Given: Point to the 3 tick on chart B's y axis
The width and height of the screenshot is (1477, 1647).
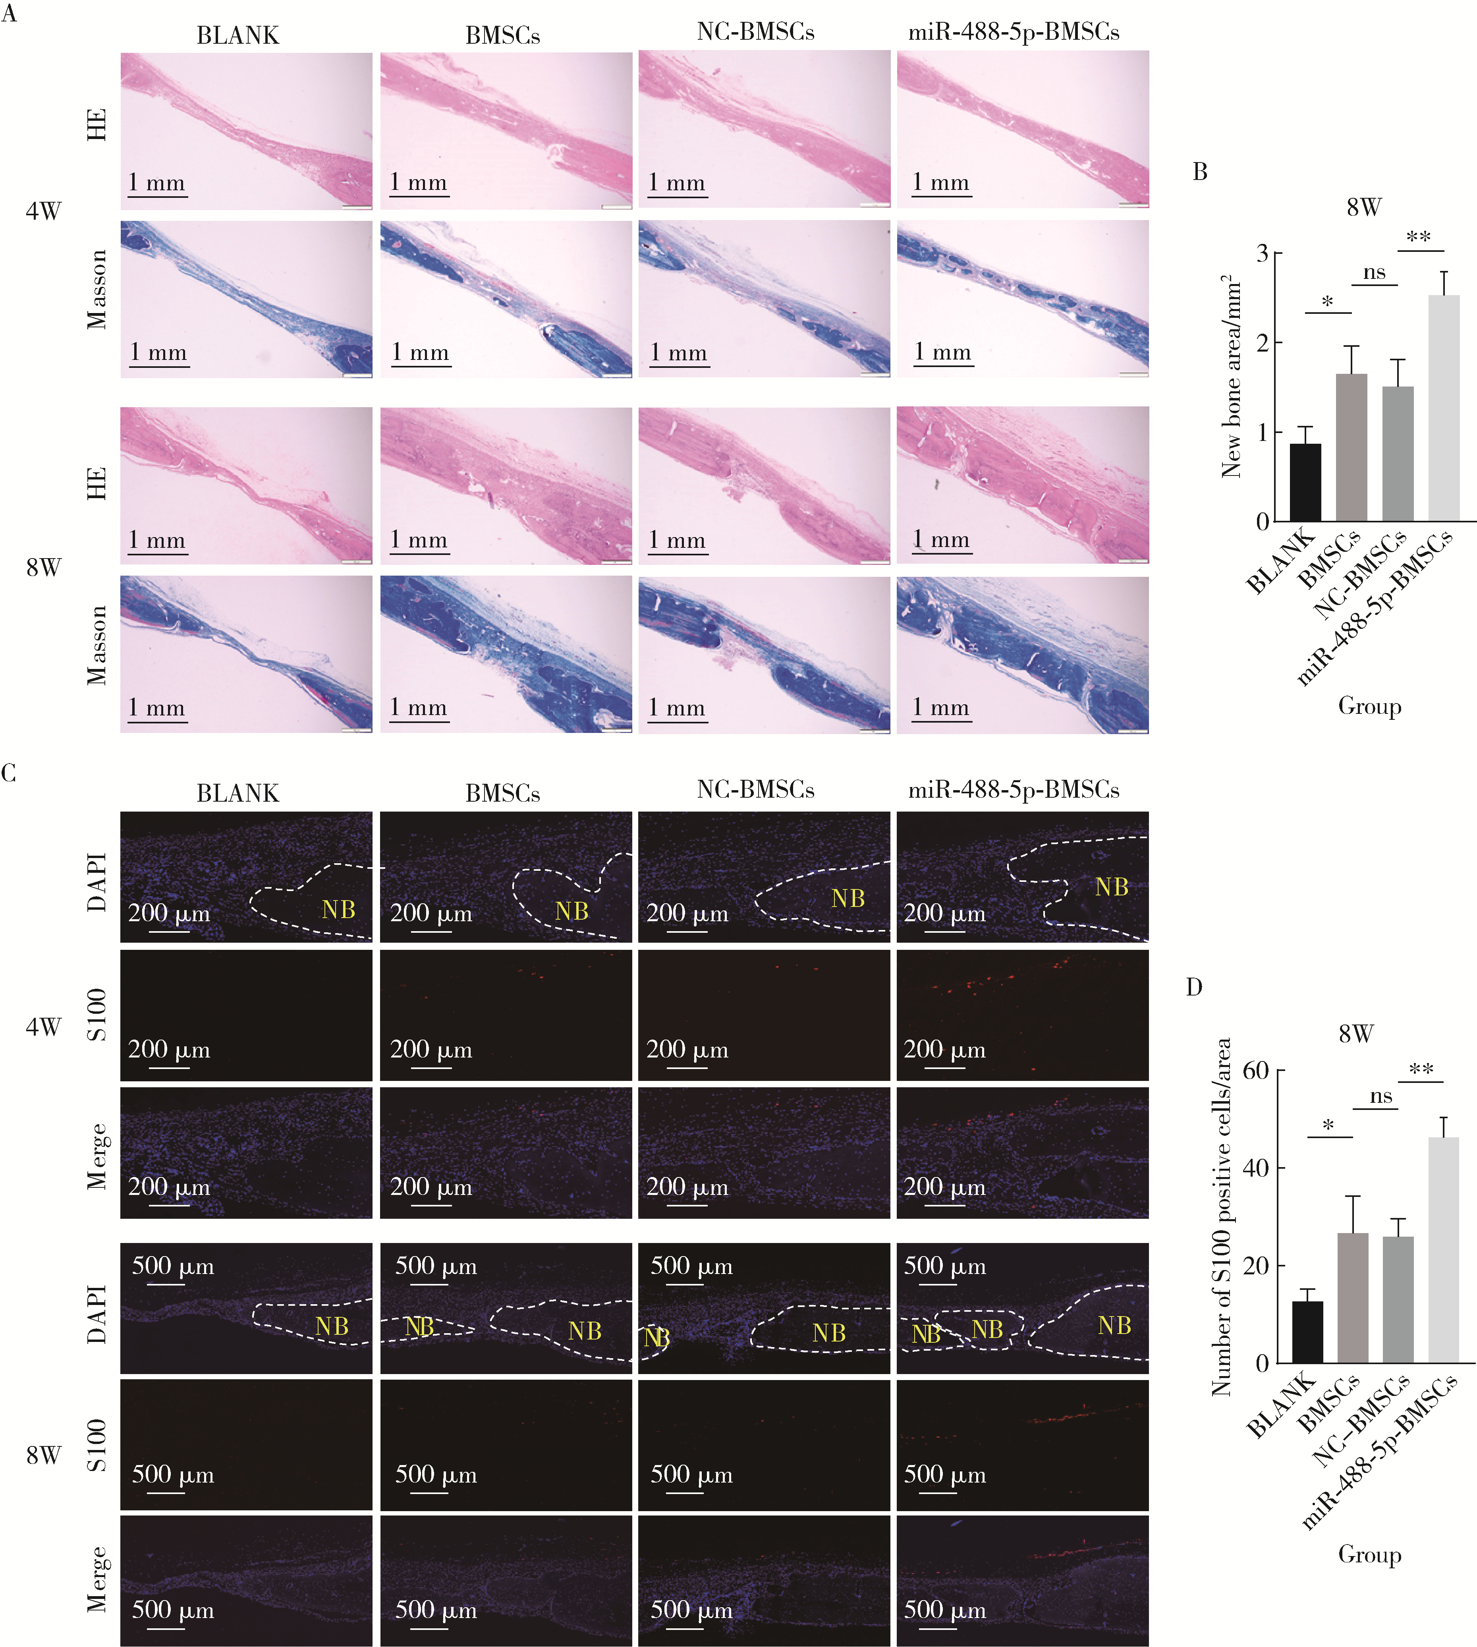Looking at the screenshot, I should click(x=1262, y=253).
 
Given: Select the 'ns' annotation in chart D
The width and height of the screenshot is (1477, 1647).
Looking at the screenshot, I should click(x=1380, y=1097).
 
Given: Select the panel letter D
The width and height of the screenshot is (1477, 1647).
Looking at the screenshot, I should click(x=1194, y=987).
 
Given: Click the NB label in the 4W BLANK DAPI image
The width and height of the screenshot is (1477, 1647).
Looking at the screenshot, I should click(x=338, y=909).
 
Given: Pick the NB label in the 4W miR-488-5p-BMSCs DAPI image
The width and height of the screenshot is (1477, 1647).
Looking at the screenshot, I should click(x=1111, y=887).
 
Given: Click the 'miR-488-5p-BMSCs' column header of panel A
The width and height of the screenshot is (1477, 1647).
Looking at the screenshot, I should click(x=1014, y=33).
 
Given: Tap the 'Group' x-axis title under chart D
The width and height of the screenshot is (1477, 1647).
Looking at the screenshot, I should click(x=1369, y=1554).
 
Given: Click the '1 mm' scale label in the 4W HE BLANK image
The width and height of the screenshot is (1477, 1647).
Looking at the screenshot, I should click(x=156, y=183).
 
